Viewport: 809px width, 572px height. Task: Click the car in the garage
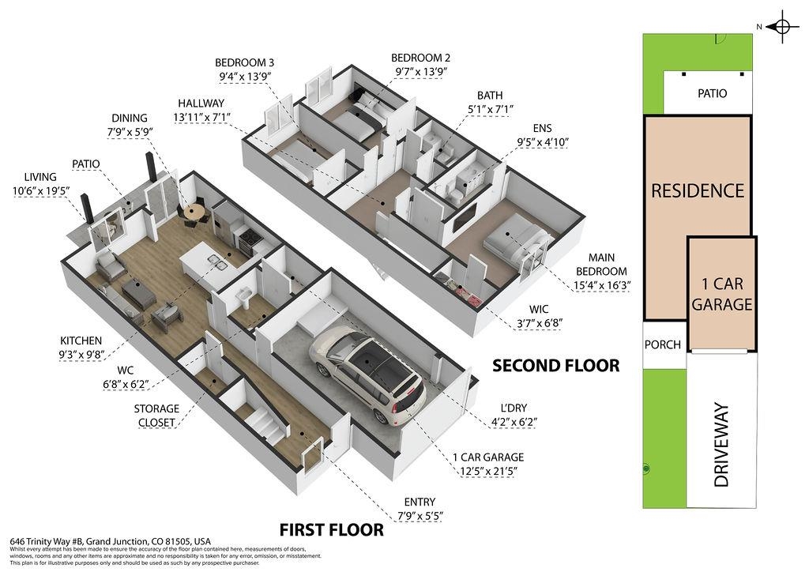tap(367, 374)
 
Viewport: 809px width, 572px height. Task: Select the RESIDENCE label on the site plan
tap(698, 190)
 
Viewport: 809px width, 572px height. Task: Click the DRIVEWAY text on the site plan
tap(721, 445)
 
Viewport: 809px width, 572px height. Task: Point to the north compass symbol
tap(782, 27)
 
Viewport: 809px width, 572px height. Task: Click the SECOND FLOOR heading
tap(555, 365)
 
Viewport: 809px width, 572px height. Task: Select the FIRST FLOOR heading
tap(331, 529)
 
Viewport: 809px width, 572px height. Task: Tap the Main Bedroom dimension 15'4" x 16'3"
tap(602, 284)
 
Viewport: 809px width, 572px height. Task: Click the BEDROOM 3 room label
tap(245, 63)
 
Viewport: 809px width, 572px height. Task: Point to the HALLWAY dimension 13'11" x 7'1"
tap(201, 118)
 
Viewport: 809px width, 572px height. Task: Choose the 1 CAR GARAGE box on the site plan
tap(722, 293)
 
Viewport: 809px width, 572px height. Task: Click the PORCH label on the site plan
tap(663, 344)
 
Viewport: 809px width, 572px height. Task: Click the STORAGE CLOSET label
tap(156, 416)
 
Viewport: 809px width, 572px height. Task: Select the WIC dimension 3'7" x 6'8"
tap(539, 323)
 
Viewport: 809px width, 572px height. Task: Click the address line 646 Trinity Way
tap(111, 541)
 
